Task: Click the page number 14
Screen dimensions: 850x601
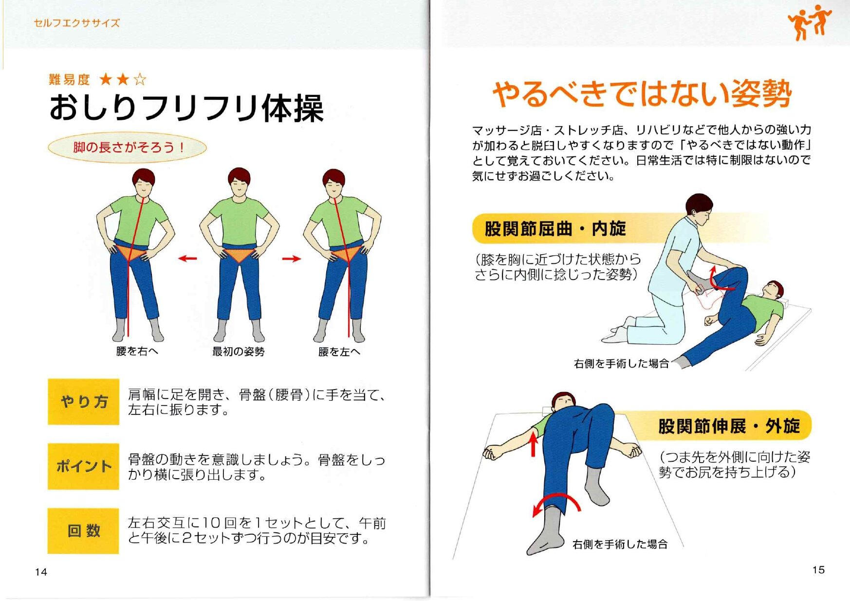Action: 41,572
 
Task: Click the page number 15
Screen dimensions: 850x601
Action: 818,570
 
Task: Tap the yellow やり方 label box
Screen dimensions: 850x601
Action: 83,402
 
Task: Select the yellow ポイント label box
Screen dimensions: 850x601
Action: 83,466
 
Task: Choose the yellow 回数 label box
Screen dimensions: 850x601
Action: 83,530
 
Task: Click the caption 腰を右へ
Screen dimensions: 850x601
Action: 137,351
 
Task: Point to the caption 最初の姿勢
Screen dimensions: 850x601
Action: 238,351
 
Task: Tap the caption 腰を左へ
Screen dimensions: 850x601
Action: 339,351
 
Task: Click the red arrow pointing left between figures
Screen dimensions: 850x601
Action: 187,259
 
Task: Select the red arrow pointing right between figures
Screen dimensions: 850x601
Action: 292,259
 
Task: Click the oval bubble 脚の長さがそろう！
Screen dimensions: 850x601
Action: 128,147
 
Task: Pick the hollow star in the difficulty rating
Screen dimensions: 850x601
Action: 140,79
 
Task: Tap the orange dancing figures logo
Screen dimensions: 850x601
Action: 809,22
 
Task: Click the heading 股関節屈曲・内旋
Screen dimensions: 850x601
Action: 555,228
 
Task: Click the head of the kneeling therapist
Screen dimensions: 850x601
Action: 699,209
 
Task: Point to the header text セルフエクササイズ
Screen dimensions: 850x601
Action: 76,23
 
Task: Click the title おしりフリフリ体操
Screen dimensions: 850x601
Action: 186,108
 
